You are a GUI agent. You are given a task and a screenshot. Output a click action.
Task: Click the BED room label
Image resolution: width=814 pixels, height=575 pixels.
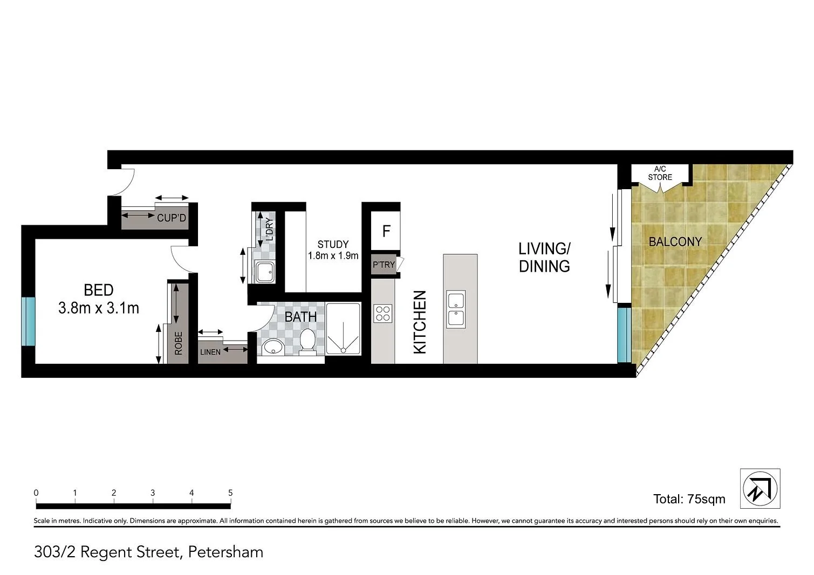(x=99, y=290)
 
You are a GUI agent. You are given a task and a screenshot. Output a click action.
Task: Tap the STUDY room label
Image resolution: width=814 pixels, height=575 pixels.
(x=333, y=245)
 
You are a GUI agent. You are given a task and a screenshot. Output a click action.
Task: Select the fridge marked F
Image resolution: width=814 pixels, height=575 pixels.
(x=386, y=231)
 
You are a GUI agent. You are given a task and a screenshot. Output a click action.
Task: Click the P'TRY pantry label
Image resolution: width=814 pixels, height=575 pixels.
(x=384, y=265)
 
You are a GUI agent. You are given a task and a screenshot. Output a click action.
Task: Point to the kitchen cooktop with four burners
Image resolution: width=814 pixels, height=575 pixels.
(x=383, y=313)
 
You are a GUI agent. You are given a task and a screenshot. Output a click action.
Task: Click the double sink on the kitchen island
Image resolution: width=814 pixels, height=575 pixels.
(x=456, y=309)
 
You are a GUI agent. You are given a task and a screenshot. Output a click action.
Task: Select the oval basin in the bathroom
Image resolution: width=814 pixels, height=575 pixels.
(x=273, y=348)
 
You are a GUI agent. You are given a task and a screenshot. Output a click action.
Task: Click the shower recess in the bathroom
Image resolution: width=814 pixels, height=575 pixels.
(x=343, y=329)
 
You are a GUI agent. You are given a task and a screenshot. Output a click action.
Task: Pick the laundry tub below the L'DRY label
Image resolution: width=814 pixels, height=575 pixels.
(x=265, y=272)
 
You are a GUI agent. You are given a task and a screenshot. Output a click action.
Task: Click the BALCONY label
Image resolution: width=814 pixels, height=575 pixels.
(x=675, y=242)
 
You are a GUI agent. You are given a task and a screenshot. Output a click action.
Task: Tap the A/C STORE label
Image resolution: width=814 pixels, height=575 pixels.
(x=660, y=173)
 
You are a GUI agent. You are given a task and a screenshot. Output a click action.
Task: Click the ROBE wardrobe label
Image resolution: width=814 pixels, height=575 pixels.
(x=179, y=343)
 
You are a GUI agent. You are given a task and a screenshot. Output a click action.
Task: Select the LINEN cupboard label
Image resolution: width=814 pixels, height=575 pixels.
(x=210, y=352)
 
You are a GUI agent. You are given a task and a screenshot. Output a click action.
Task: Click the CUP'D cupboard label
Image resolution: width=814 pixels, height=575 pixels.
(x=172, y=218)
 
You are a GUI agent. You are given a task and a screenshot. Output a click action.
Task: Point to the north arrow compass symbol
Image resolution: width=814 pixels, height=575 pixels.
(x=760, y=488)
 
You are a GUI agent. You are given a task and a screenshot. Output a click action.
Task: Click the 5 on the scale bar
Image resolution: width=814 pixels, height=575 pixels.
(x=230, y=493)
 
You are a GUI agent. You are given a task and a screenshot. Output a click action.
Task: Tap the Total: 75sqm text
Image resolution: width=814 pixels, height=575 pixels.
(x=689, y=499)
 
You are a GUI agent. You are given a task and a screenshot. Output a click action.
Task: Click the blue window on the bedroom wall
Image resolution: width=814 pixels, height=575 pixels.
(x=28, y=321)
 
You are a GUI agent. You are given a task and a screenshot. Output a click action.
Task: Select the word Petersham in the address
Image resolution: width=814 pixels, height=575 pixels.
(x=225, y=552)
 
